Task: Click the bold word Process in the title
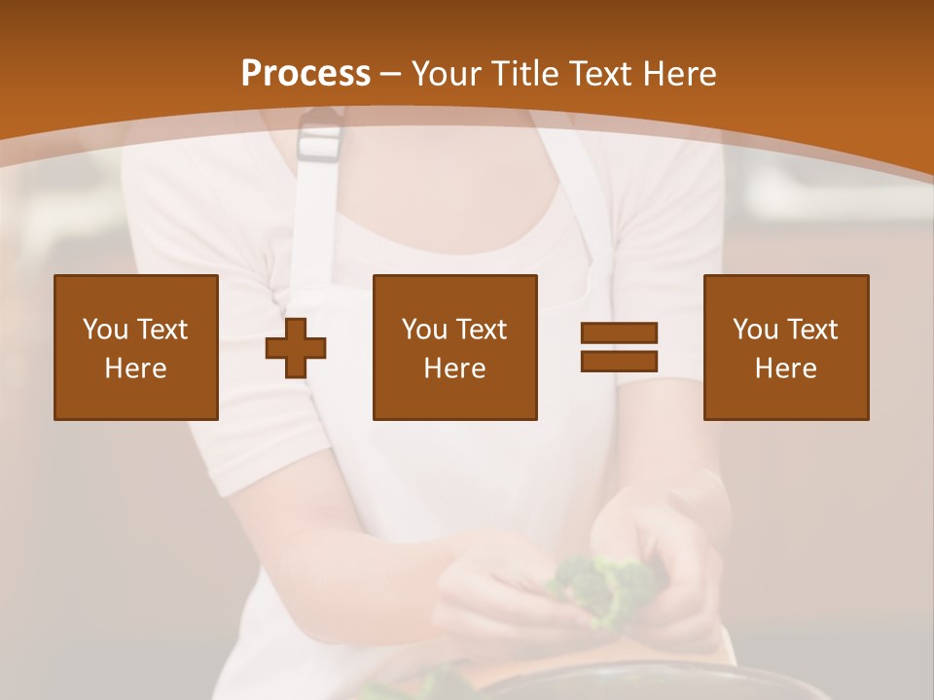click(305, 74)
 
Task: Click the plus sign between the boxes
click(296, 348)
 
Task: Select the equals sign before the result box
click(619, 347)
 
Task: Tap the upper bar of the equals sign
click(619, 333)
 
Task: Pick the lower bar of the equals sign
click(619, 362)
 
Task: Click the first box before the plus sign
click(136, 348)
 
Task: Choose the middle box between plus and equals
click(454, 348)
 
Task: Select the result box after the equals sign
click(785, 348)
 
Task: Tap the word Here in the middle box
click(454, 368)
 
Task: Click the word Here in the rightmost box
click(785, 368)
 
